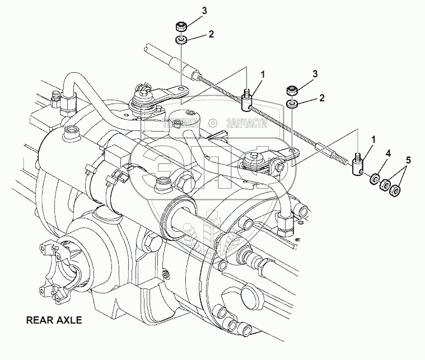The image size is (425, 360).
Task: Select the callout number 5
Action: pyautogui.click(x=408, y=161)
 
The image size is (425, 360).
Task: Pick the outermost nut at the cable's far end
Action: pyautogui.click(x=396, y=191)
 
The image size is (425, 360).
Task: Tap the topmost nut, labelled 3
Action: pyautogui.click(x=181, y=27)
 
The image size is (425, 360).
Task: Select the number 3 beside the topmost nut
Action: pyautogui.click(x=189, y=10)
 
